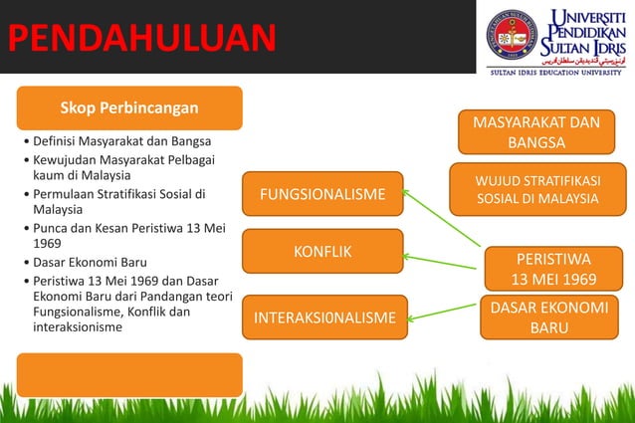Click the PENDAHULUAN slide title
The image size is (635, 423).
click(x=139, y=37)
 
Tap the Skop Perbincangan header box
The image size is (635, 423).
click(x=129, y=107)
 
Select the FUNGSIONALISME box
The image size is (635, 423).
click(x=322, y=194)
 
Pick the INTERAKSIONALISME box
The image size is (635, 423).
click(x=322, y=317)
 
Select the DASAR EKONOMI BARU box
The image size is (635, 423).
click(x=543, y=317)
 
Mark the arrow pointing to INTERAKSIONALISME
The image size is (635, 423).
click(x=443, y=311)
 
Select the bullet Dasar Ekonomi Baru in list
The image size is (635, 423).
click(x=89, y=262)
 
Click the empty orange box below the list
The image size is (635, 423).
click(x=129, y=374)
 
